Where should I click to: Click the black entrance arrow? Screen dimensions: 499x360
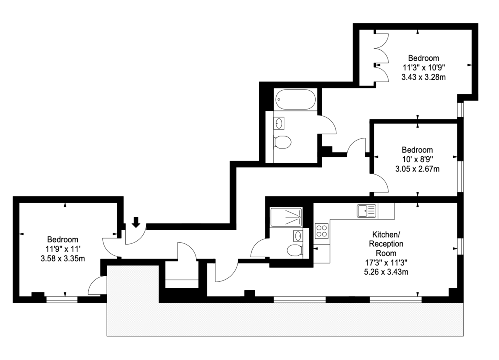click(136, 222)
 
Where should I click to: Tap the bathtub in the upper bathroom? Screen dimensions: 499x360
click(295, 99)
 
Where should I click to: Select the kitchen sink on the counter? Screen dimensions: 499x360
click(367, 211)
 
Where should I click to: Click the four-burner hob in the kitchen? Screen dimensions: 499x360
click(321, 231)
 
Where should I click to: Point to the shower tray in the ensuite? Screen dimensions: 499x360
click(286, 217)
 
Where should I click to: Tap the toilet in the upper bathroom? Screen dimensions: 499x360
click(282, 142)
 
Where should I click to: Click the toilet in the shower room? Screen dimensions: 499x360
click(295, 250)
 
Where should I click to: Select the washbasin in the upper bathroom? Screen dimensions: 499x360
click(279, 123)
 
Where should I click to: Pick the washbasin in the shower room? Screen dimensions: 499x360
click(298, 236)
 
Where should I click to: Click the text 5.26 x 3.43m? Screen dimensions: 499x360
click(386, 272)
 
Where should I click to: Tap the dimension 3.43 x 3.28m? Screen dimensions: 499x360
click(423, 77)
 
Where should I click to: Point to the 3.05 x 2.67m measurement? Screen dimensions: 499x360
click(417, 169)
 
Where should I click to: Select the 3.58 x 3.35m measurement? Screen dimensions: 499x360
click(63, 259)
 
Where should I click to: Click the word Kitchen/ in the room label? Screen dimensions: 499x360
click(386, 235)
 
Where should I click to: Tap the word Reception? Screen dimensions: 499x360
click(386, 244)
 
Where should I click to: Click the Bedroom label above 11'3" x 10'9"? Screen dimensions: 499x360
click(423, 58)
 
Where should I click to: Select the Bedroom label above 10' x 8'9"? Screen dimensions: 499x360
click(417, 150)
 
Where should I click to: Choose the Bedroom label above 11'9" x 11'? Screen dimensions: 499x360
click(63, 239)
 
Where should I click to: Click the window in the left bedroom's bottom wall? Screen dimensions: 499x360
click(62, 299)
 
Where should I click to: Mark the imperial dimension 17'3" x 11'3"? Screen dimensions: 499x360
click(386, 263)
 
